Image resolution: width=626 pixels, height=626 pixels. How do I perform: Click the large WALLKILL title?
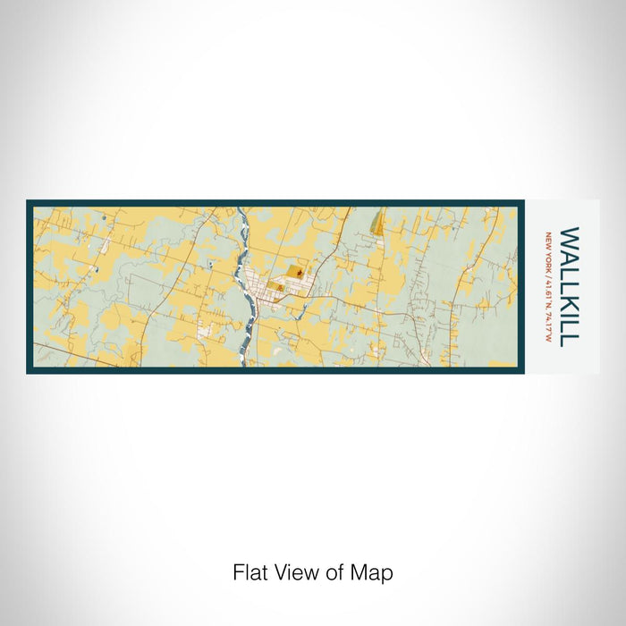(569, 285)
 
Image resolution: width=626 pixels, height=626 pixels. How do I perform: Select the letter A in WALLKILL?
(569, 257)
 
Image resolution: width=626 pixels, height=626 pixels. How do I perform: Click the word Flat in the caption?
(250, 572)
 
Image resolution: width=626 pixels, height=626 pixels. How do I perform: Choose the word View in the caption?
(294, 572)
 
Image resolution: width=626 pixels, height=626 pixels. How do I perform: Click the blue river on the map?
(248, 295)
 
